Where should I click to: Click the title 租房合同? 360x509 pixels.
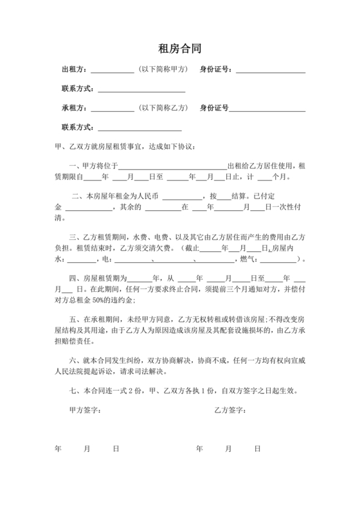click(179, 48)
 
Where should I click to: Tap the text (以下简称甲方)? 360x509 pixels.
click(164, 69)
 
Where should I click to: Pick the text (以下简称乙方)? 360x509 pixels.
click(164, 107)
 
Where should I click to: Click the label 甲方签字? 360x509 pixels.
click(85, 410)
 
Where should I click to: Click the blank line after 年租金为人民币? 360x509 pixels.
click(181, 197)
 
